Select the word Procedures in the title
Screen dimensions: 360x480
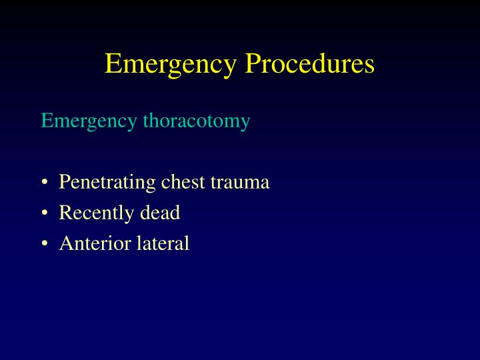tap(310, 65)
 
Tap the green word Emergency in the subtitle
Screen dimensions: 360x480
tap(89, 121)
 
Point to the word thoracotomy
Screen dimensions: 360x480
tap(196, 121)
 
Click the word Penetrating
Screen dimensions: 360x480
tap(108, 182)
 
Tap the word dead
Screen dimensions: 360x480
tap(160, 213)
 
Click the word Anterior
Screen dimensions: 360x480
tap(95, 243)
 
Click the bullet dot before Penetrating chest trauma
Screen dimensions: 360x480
tap(44, 183)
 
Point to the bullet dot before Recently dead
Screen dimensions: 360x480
tap(44, 213)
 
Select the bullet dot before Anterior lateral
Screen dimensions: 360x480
tap(44, 244)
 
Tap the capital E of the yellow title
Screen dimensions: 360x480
tap(113, 64)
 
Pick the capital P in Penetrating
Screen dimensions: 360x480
tap(65, 181)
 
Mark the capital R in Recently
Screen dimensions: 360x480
tap(65, 213)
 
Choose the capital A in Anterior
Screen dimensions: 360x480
tap(66, 243)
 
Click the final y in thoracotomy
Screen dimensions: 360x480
tap(245, 123)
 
